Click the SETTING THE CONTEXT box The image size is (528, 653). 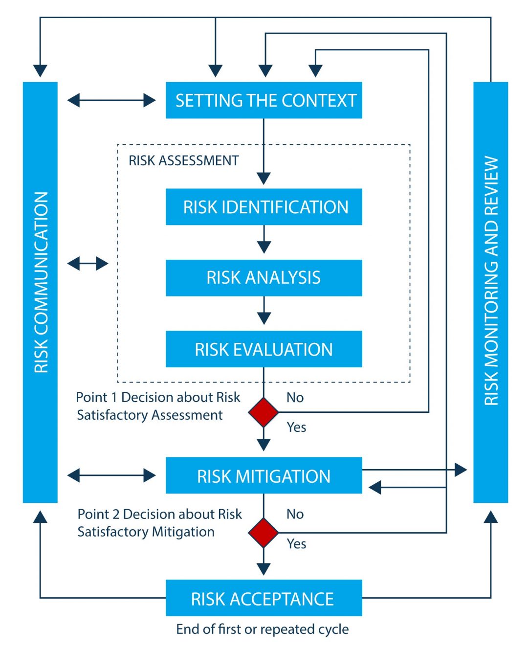(264, 100)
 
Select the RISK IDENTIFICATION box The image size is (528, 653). (264, 207)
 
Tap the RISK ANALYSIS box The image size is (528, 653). (264, 278)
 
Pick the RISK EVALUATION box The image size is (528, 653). (264, 349)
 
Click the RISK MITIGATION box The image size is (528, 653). (264, 475)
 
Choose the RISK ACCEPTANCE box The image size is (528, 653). (264, 598)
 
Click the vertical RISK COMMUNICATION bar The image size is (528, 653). (40, 292)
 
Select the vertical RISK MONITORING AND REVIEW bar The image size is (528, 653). (490, 292)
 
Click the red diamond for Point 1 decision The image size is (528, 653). (264, 412)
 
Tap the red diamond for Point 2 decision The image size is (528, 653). (264, 533)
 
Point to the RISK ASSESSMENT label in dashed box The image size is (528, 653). (183, 160)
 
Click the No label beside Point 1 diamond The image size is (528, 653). (295, 398)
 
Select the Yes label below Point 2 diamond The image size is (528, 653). (296, 544)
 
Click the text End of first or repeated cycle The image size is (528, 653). (263, 629)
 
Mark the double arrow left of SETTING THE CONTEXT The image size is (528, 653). (111, 101)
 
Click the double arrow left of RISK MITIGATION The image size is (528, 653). (111, 475)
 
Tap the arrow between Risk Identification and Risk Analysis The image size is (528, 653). (264, 239)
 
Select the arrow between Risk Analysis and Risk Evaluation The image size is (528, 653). (264, 311)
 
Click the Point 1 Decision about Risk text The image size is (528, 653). (158, 398)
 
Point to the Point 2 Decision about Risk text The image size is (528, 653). (159, 515)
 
